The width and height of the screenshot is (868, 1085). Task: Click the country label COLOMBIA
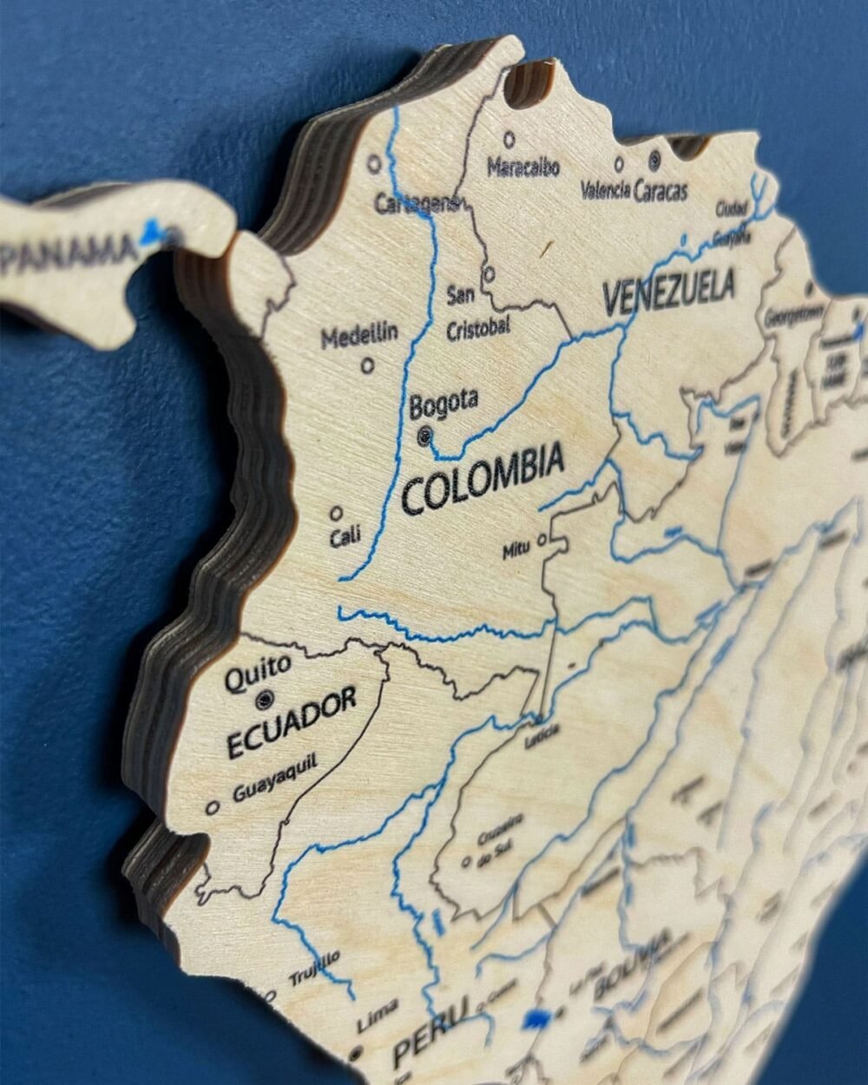point(483,477)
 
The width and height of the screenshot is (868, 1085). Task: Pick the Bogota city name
point(444,402)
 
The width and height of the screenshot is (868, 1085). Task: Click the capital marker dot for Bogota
point(425,437)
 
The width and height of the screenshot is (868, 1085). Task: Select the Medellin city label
point(359,333)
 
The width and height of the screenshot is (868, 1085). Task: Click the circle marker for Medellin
point(368,365)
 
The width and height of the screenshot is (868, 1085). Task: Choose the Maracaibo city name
point(523,167)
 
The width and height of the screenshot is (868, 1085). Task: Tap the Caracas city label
point(661,190)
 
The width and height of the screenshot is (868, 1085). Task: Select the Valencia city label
point(605,189)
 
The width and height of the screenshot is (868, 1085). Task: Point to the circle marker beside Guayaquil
point(212,807)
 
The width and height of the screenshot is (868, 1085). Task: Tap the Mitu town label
point(516,549)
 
